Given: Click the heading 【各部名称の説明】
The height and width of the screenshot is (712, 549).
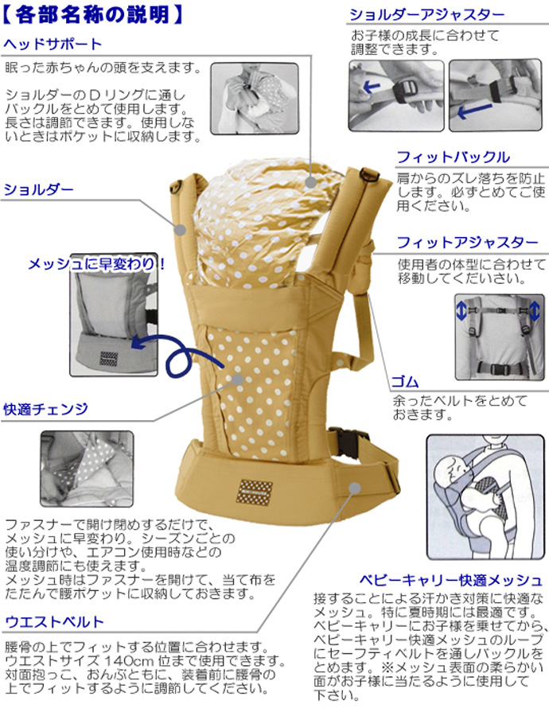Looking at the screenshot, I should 95,14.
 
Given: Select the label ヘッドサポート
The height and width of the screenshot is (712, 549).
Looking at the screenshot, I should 53,43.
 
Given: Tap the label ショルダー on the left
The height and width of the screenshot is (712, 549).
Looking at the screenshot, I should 39,189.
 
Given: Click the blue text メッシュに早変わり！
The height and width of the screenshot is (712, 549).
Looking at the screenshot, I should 97,263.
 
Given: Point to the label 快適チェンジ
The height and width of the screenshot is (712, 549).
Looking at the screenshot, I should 45,409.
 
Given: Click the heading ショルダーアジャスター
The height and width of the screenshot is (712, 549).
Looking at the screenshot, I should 426,15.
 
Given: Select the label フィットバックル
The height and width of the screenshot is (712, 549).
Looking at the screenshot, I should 453,157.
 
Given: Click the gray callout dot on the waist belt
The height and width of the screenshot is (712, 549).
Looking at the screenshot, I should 355,488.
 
